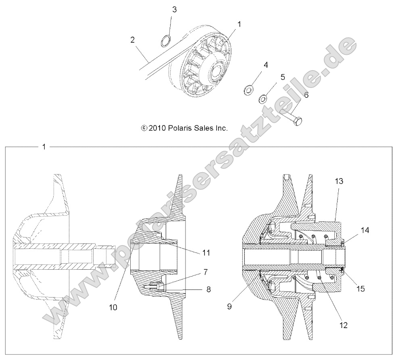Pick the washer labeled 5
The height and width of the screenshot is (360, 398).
[264, 98]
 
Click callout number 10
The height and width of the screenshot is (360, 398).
[113, 307]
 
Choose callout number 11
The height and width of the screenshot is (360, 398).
[206, 253]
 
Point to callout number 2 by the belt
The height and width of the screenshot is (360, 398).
[132, 40]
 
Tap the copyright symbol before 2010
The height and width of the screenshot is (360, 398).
[144, 128]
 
